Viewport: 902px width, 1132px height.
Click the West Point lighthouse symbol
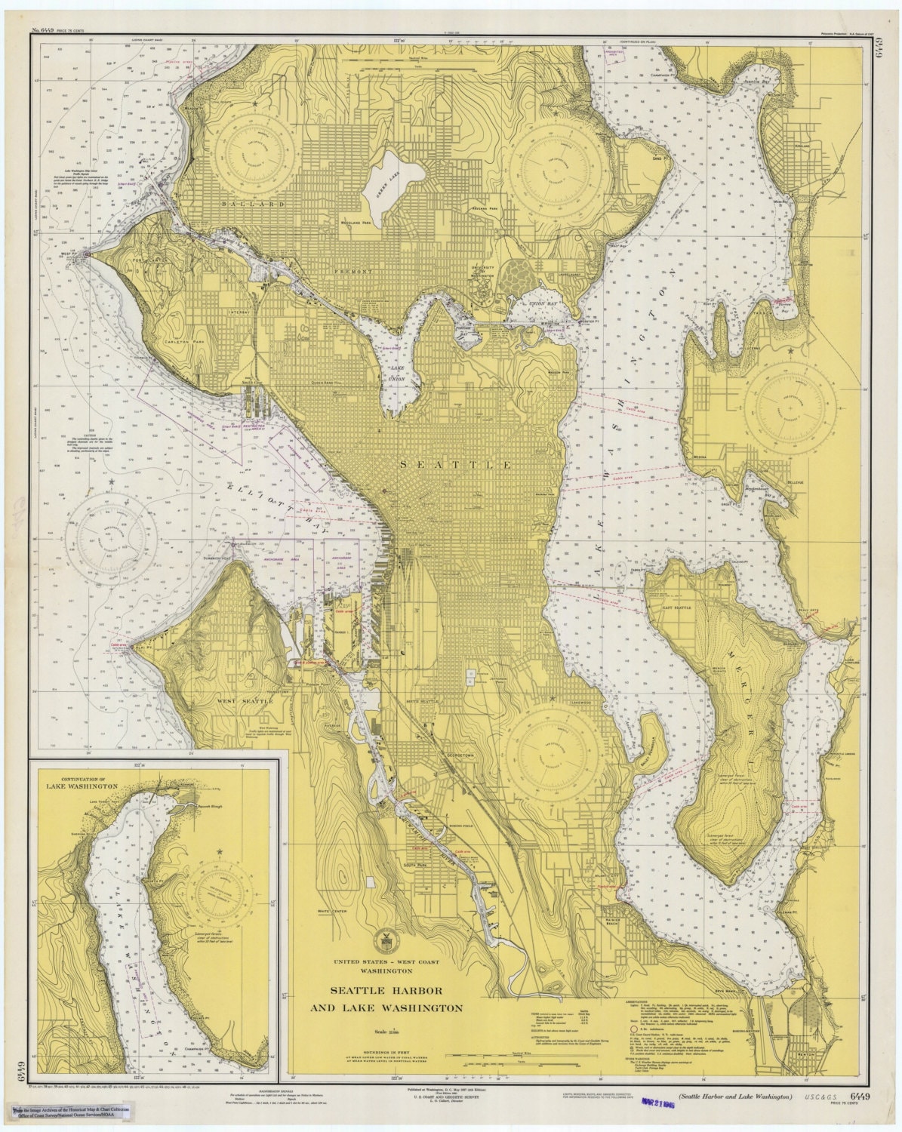[88, 254]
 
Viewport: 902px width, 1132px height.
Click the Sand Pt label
[657, 159]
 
